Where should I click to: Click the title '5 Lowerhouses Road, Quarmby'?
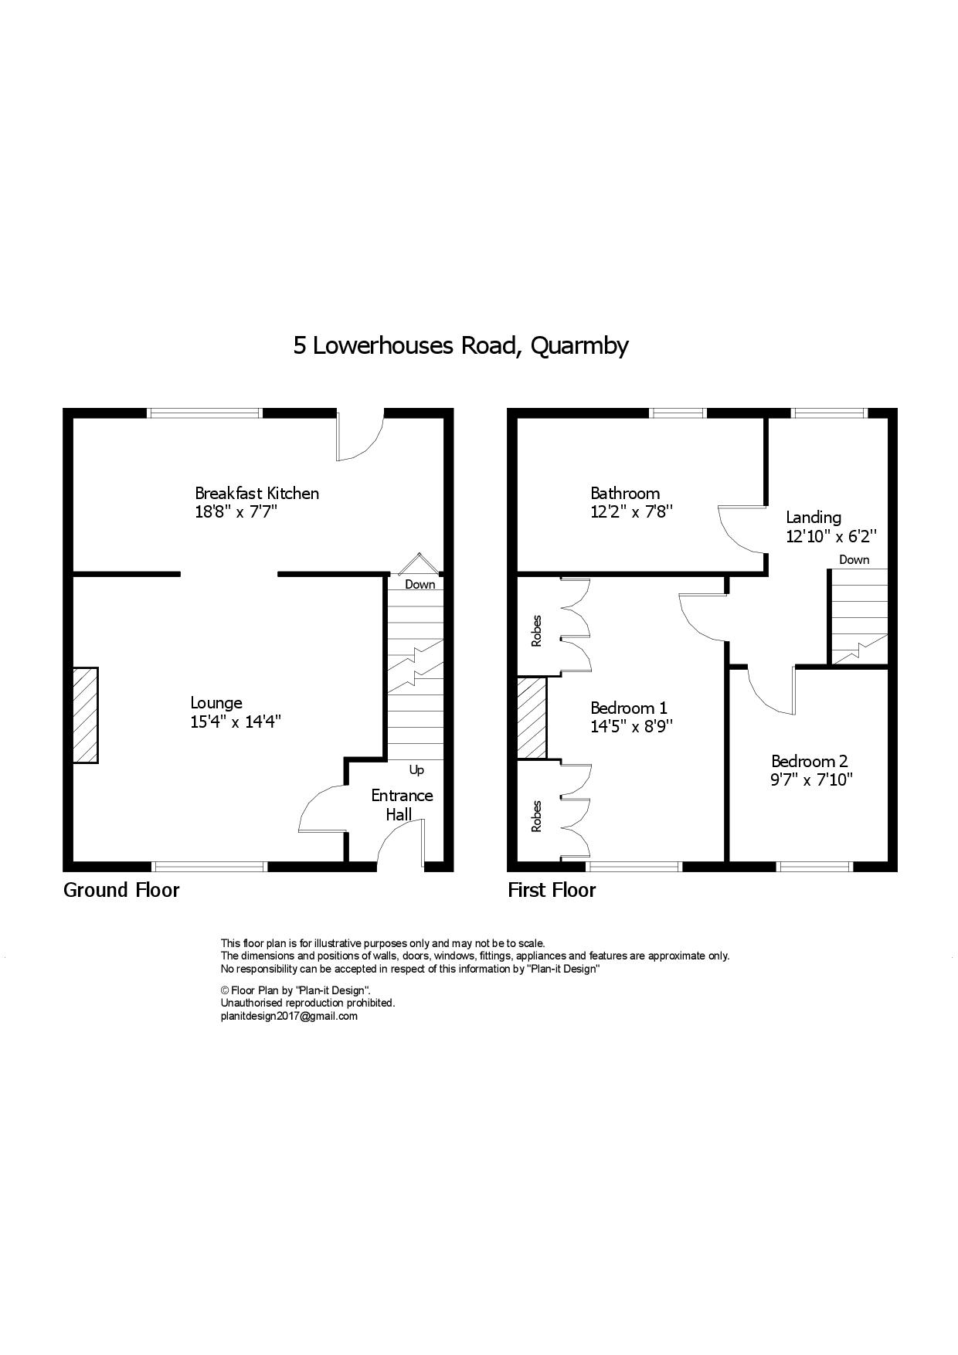[460, 345]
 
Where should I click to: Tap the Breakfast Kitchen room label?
[256, 493]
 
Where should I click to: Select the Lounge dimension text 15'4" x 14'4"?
[236, 722]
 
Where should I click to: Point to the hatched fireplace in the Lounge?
[86, 715]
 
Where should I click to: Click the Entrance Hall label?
[402, 805]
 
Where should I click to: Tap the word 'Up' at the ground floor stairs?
[416, 770]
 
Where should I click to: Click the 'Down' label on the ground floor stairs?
[420, 584]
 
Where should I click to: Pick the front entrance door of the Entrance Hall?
[401, 844]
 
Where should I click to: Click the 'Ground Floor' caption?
[121, 890]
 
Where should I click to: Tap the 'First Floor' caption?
[552, 890]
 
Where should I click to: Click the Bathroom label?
[625, 493]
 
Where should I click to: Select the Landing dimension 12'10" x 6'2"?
[831, 536]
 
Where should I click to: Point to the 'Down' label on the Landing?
[854, 559]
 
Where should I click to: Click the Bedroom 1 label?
[629, 708]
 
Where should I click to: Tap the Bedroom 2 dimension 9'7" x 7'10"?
[811, 779]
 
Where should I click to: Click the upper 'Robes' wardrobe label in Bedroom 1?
[536, 630]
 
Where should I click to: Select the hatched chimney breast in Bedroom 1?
[532, 718]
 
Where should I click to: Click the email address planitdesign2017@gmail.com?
[289, 1016]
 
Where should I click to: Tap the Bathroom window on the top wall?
[678, 413]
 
